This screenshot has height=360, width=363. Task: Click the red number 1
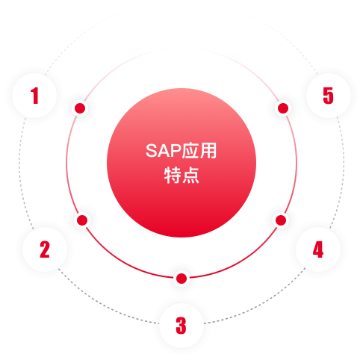pyautogui.click(x=34, y=96)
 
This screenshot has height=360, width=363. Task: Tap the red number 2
pyautogui.click(x=45, y=249)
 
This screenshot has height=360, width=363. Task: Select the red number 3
pyautogui.click(x=181, y=326)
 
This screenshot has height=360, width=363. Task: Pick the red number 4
pyautogui.click(x=318, y=249)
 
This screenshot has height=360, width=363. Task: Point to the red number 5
pyautogui.click(x=328, y=96)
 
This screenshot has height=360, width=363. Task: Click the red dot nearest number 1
pyautogui.click(x=80, y=108)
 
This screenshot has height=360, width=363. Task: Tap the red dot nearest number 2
pyautogui.click(x=82, y=220)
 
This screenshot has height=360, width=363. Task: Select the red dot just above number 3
pyautogui.click(x=181, y=279)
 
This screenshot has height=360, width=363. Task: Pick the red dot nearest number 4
pyautogui.click(x=281, y=220)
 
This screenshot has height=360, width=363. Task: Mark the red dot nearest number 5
pyautogui.click(x=283, y=108)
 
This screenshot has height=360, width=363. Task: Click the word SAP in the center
pyautogui.click(x=163, y=151)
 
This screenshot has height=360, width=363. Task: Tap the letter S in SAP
pyautogui.click(x=152, y=151)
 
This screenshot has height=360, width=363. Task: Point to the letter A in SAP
pyautogui.click(x=164, y=151)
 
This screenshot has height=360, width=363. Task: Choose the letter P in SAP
pyautogui.click(x=176, y=151)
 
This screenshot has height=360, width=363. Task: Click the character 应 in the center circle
pyautogui.click(x=190, y=151)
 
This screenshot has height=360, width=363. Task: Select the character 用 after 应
pyautogui.click(x=208, y=151)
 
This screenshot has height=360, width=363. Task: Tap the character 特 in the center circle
pyautogui.click(x=173, y=176)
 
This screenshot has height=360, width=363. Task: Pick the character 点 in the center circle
pyautogui.click(x=190, y=176)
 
